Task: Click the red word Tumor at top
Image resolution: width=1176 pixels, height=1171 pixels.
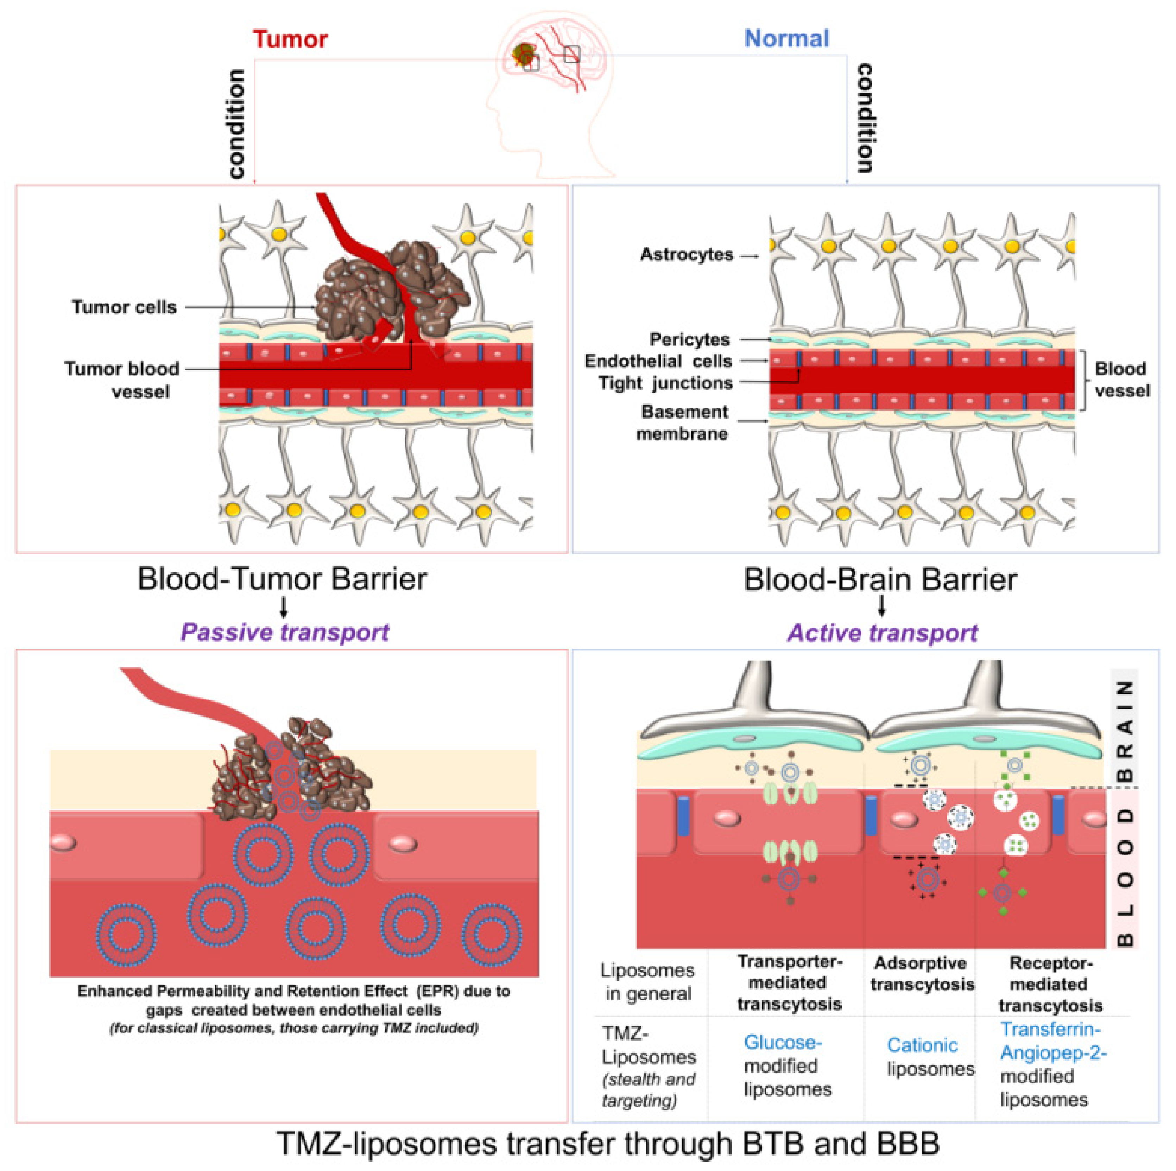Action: tap(290, 39)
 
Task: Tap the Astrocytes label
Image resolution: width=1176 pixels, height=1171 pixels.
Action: tap(687, 254)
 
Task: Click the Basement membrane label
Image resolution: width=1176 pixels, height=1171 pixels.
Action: tap(683, 423)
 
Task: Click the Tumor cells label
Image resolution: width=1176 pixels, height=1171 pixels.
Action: tap(124, 307)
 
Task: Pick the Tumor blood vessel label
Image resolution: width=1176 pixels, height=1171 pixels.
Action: tap(122, 380)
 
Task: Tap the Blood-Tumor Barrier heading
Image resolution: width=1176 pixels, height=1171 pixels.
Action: tap(282, 579)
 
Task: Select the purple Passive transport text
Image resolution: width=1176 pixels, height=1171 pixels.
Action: tap(284, 632)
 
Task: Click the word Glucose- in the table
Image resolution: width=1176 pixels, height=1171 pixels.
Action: tap(783, 1043)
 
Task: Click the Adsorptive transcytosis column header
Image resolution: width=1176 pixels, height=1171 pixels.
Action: tap(922, 973)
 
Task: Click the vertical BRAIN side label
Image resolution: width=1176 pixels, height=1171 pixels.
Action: tap(1125, 730)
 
